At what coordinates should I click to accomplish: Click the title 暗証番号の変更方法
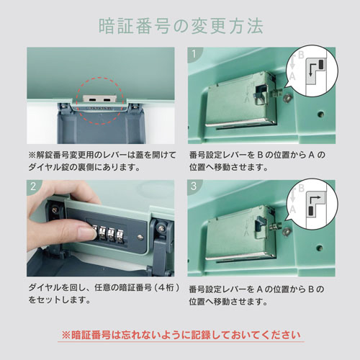(181, 26)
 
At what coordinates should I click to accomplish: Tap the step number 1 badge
(194, 53)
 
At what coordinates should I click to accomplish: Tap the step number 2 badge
(34, 186)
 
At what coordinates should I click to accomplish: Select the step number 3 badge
(194, 186)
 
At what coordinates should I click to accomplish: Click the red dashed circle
(100, 101)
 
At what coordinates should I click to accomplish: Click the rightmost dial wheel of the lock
(120, 235)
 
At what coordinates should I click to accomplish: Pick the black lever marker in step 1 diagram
(321, 64)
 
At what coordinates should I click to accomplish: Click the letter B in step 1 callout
(301, 55)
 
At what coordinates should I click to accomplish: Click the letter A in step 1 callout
(292, 76)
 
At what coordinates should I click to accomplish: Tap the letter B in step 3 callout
(302, 188)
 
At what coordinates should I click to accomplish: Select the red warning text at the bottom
(181, 335)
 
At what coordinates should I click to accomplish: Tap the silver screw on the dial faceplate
(140, 237)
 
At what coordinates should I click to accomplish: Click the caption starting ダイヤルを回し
(104, 294)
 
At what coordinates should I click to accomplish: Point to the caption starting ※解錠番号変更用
(102, 161)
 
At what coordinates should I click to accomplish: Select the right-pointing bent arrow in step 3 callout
(315, 200)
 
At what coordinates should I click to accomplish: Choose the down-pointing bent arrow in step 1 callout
(312, 69)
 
